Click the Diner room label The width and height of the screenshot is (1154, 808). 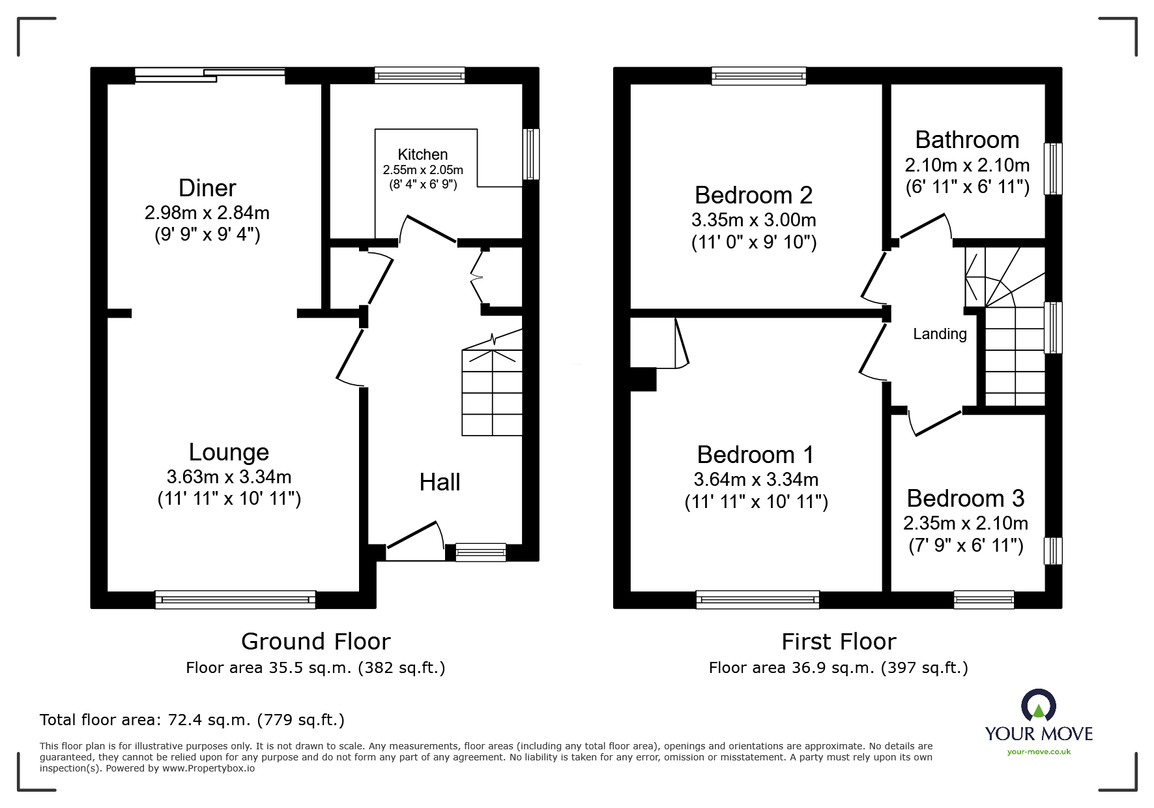click(207, 188)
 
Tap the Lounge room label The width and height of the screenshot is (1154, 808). click(229, 452)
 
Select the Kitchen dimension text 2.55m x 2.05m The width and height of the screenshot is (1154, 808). click(423, 170)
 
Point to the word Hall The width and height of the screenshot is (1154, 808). click(440, 482)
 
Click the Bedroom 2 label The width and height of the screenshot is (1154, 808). click(754, 195)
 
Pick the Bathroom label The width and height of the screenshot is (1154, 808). click(967, 140)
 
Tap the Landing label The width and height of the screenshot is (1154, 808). click(940, 334)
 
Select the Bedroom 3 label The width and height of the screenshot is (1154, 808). click(966, 498)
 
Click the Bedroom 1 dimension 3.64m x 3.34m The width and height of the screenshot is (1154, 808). click(756, 479)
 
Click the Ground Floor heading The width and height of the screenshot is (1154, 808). click(316, 642)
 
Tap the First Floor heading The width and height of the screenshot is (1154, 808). click(839, 642)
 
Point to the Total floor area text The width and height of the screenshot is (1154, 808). click(192, 720)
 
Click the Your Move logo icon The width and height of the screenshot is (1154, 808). click(1038, 706)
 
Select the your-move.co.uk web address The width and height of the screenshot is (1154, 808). click(1039, 752)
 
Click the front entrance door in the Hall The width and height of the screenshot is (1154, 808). click(415, 541)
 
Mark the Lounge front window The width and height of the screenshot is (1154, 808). click(235, 599)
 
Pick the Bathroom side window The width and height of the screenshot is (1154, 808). click(1053, 169)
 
